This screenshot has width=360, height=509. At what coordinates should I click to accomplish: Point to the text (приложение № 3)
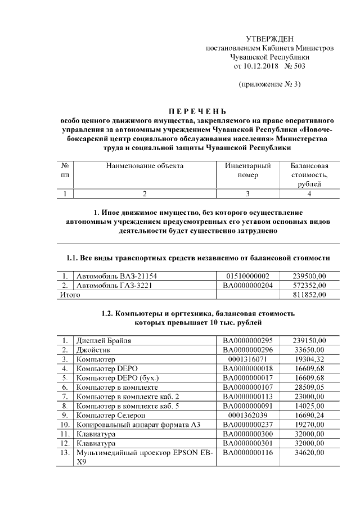tap(270, 84)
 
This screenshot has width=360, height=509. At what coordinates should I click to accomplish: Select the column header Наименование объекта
tap(145, 166)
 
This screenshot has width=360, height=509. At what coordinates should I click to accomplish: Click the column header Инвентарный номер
tap(248, 170)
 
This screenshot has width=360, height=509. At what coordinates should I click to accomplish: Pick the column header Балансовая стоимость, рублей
tap(309, 175)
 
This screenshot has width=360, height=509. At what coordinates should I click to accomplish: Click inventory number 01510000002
tap(248, 276)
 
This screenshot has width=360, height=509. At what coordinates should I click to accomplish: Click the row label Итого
tap(70, 295)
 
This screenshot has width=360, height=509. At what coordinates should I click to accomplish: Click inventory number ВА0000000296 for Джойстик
tap(248, 349)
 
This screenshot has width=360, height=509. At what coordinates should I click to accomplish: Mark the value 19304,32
tap(309, 358)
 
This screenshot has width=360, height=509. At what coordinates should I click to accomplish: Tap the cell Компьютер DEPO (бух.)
tap(118, 377)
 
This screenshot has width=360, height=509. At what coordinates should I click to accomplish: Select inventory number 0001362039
tap(248, 415)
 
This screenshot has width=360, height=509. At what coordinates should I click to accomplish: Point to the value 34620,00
tap(309, 452)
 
